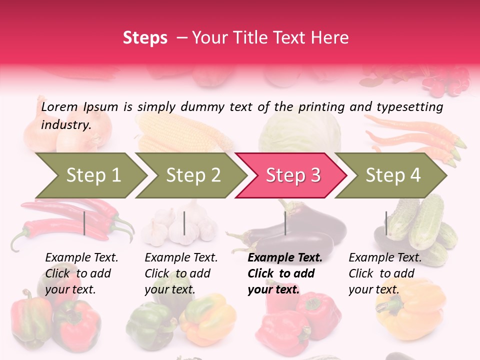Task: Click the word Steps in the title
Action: click(145, 38)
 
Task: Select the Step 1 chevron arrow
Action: click(90, 175)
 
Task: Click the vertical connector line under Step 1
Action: click(84, 223)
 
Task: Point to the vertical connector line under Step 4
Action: click(386, 223)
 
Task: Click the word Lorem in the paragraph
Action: click(59, 107)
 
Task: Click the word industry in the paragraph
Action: click(65, 125)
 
